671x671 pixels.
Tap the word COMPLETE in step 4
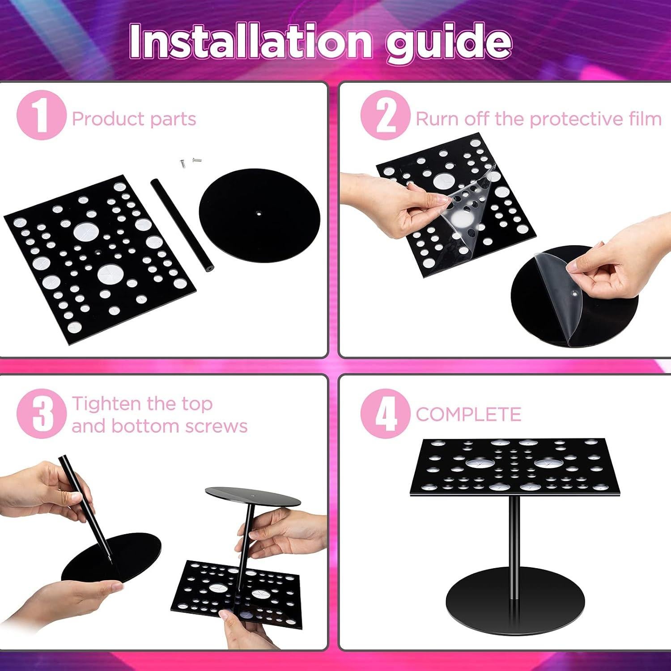pos(468,414)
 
